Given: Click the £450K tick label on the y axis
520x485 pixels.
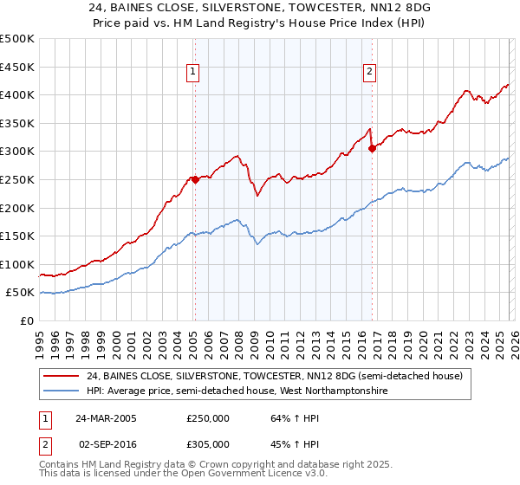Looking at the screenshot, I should pyautogui.click(x=17, y=67).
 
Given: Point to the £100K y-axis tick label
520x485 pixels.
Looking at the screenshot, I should pyautogui.click(x=17, y=264).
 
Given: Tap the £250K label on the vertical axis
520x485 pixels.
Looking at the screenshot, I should pyautogui.click(x=17, y=179).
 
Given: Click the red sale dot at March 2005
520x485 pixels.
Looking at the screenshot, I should pyautogui.click(x=195, y=180).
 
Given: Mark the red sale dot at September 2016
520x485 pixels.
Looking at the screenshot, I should pyautogui.click(x=372, y=148).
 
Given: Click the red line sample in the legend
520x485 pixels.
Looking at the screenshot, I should pyautogui.click(x=62, y=377).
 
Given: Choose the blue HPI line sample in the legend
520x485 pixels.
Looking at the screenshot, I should pyautogui.click(x=62, y=391).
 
